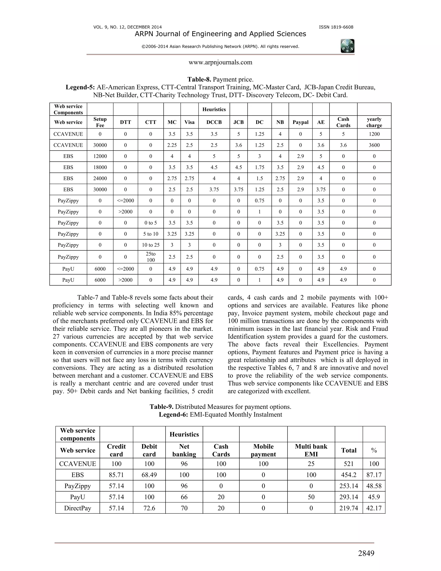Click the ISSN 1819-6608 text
tap(336, 27)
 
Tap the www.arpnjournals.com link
tap(220, 62)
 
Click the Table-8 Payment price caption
tap(220, 80)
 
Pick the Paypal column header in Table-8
tap(300, 122)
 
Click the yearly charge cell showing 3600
tap(374, 145)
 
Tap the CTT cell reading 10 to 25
tap(151, 245)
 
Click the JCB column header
tap(238, 122)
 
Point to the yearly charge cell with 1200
tap(374, 134)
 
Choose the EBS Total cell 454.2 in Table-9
tap(349, 475)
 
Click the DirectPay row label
tap(77, 508)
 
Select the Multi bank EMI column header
tap(311, 450)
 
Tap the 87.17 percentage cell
tap(374, 475)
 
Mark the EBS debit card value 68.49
tap(149, 475)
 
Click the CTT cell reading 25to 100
tap(151, 257)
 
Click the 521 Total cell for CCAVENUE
tap(349, 464)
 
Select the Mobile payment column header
tap(263, 450)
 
